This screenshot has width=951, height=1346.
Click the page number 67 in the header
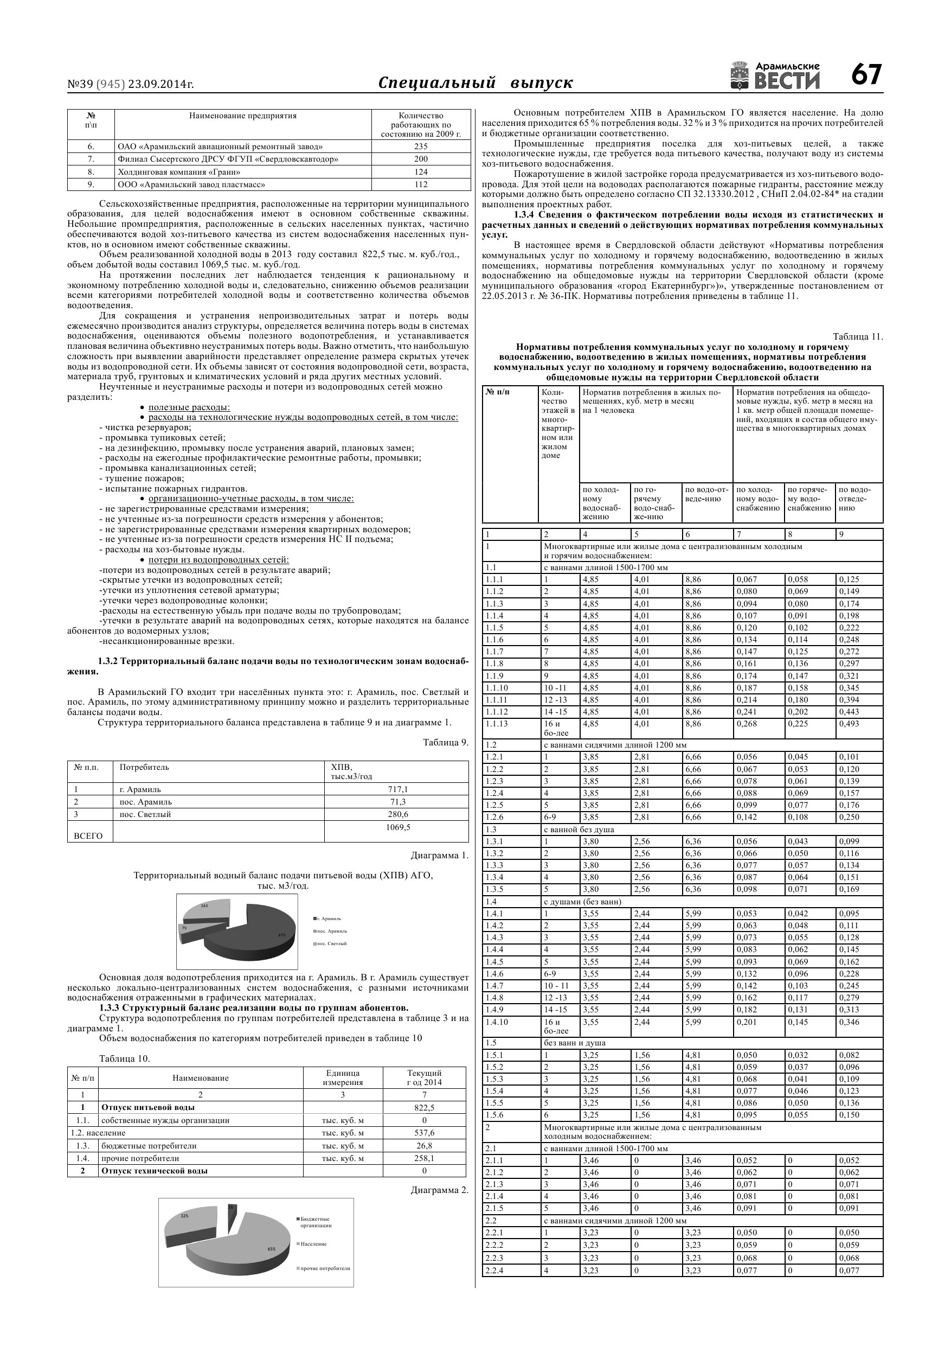coord(866,75)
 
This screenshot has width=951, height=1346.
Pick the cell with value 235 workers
coord(421,146)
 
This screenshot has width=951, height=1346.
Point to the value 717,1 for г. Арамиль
coord(397,789)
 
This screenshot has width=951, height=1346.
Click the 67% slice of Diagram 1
coord(258,932)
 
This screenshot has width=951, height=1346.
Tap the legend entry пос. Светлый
coord(332,943)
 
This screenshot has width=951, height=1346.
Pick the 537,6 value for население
coord(423,1133)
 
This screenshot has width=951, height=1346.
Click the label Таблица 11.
coord(857,336)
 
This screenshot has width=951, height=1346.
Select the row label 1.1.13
coord(496,723)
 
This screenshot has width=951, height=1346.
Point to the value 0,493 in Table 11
coord(849,723)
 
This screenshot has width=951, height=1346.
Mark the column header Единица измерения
coord(343,1077)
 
